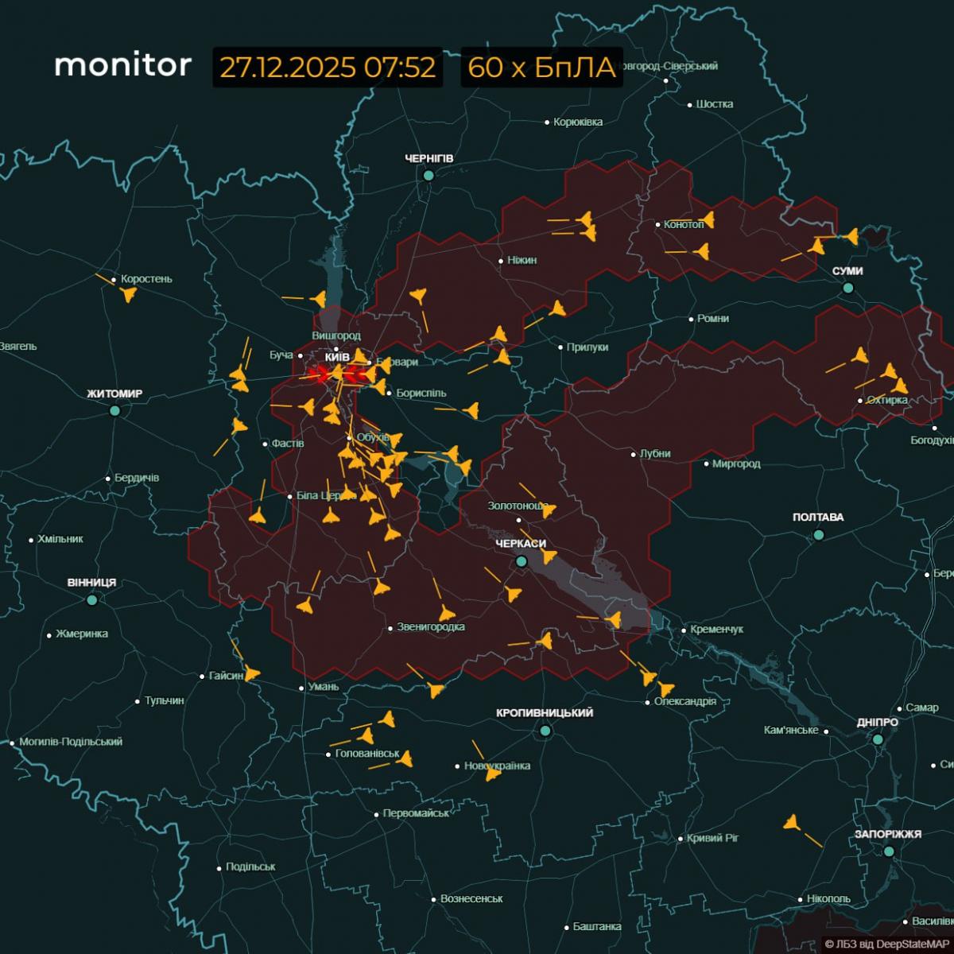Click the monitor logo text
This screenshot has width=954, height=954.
pyautogui.click(x=122, y=65)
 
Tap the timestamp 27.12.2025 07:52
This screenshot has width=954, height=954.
pyautogui.click(x=328, y=68)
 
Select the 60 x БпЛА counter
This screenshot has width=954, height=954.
pyautogui.click(x=541, y=68)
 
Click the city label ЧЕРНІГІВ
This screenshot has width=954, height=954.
pyautogui.click(x=429, y=159)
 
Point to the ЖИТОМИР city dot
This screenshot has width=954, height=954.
pyautogui.click(x=115, y=410)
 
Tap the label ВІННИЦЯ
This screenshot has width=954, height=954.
pyautogui.click(x=91, y=583)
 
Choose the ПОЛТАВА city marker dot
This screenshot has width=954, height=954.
pyautogui.click(x=818, y=535)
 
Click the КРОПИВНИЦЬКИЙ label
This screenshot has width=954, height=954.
pyautogui.click(x=545, y=713)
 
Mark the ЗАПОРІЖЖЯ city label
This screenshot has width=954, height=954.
pyautogui.click(x=888, y=834)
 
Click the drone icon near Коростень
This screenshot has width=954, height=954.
pyautogui.click(x=127, y=295)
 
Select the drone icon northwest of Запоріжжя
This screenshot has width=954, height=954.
pyautogui.click(x=791, y=823)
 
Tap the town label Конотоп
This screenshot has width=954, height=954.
pyautogui.click(x=684, y=224)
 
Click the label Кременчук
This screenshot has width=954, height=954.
pyautogui.click(x=716, y=629)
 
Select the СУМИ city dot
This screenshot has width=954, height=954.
pyautogui.click(x=848, y=288)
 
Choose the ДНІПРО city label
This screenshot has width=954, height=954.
pyautogui.click(x=878, y=723)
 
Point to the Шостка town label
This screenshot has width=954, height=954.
pyautogui.click(x=714, y=104)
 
